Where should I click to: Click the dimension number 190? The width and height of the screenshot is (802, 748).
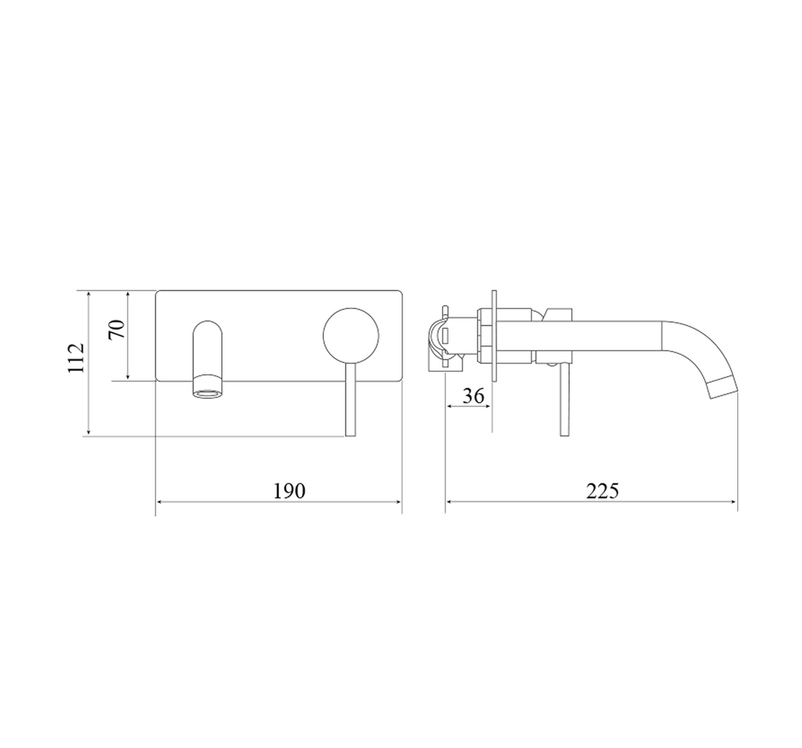click(290, 491)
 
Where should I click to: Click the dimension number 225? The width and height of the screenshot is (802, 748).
click(601, 491)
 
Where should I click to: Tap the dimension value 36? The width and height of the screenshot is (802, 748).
click(472, 396)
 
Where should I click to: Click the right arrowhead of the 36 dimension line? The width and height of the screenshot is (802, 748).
click(489, 406)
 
